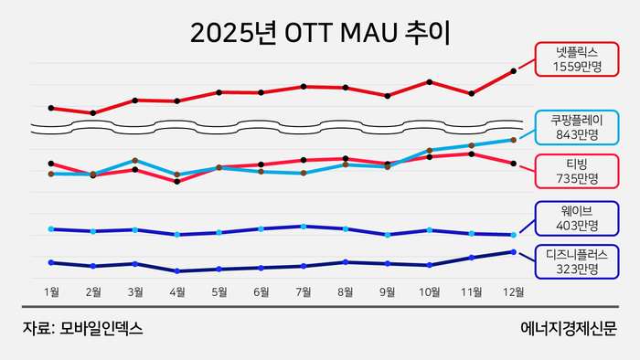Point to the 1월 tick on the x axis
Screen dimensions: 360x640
coord(52,292)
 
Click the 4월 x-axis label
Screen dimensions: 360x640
coord(177,292)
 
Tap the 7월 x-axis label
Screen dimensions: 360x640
coord(304,292)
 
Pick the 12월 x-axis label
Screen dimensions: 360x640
coord(513,292)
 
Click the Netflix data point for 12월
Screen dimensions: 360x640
coord(513,70)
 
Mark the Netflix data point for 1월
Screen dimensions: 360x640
coord(51,108)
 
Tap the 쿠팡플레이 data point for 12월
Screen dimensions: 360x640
coord(513,140)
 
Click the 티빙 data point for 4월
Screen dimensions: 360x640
coord(177,181)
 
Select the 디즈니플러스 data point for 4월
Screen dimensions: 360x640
coord(177,271)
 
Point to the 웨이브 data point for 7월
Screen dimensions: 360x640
coord(304,226)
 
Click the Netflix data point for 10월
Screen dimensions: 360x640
coord(429,82)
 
